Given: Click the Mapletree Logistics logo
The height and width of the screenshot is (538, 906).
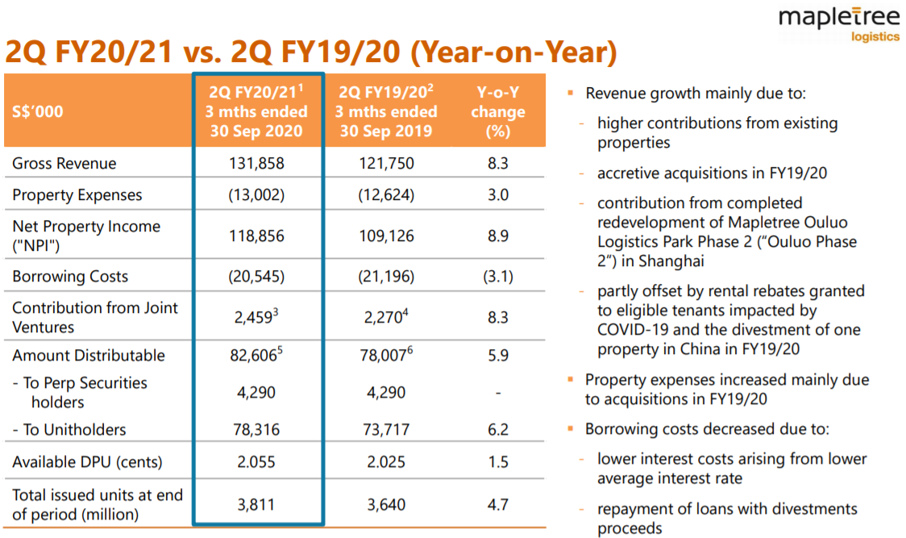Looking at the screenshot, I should (838, 25).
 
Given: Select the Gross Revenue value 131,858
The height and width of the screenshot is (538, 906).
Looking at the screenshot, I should (256, 164).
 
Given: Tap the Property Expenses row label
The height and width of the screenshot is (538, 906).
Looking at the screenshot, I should (77, 195).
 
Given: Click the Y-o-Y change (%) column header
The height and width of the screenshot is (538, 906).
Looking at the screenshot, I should (497, 111).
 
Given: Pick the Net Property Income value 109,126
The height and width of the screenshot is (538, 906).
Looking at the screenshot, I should (386, 236).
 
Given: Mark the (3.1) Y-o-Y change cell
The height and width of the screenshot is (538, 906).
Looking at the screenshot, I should (497, 277).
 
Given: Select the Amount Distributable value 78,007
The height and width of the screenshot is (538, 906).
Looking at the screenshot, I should (383, 356).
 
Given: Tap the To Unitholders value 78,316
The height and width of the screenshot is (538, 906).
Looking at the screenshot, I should (256, 430).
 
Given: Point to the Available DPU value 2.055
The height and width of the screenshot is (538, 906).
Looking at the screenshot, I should (256, 462).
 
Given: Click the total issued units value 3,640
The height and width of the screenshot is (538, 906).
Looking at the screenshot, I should (386, 505).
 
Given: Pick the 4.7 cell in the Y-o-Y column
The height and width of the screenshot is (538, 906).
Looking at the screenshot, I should (497, 505).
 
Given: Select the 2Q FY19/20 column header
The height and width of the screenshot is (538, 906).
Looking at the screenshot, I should (386, 111).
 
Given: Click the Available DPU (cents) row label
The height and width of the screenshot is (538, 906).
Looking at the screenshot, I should (87, 462).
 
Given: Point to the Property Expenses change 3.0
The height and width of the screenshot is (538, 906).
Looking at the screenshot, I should (497, 195).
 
